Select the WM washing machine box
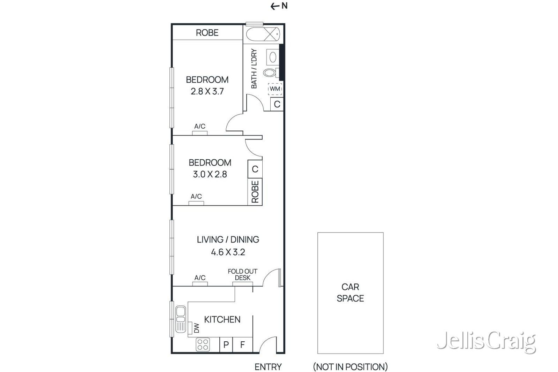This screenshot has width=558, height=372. pos(275,89)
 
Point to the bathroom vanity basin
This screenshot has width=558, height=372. pos(273,57)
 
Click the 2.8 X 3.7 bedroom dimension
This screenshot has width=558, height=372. pos(207,92)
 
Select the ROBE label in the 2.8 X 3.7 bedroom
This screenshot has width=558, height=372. pos(207,33)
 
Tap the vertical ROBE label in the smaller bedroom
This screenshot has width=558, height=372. pos(255,192)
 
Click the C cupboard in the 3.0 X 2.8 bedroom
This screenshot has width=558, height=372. pos(255,169)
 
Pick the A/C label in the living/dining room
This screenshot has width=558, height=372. pos(200,278)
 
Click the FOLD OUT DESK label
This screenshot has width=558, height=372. pos(242,274)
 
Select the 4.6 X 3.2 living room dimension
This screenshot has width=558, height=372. pos(228,252)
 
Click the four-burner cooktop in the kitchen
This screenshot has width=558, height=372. pos(203,344)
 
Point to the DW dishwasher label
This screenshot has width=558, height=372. pos(196,328)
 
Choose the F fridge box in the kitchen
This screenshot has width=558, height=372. pos(242,345)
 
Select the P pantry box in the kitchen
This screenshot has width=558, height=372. pos(226,345)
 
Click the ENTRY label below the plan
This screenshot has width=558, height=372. pos(268,367)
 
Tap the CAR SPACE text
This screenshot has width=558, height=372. pos(350,293)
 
